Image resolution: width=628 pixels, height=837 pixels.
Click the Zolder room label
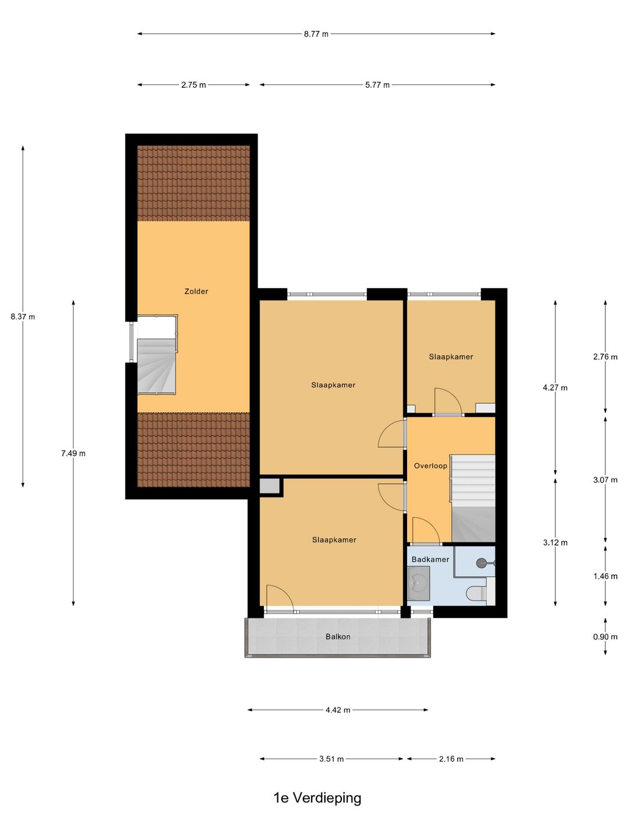[x=196, y=291]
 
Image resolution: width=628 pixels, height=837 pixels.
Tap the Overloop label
[x=430, y=466]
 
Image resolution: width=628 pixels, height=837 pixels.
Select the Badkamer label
[x=430, y=559]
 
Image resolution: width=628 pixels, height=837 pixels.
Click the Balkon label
[x=338, y=636]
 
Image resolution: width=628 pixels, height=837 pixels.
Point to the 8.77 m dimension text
[x=316, y=34]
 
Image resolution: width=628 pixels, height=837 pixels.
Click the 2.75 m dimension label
[x=193, y=85]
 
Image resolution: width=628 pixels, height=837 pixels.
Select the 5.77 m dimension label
[x=377, y=85]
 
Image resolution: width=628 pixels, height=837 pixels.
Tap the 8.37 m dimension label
[x=23, y=317]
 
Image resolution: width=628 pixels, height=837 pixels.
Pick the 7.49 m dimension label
[x=73, y=453]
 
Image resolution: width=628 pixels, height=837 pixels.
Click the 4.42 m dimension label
[x=338, y=710]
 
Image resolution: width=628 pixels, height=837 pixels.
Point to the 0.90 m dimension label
[x=605, y=637]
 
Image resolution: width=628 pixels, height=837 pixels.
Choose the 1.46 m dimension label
[x=605, y=576]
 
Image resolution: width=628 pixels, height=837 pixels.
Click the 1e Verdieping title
[x=317, y=797]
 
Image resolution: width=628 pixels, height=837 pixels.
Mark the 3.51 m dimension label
[x=331, y=759]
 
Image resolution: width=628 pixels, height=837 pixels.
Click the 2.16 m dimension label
[x=451, y=759]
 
